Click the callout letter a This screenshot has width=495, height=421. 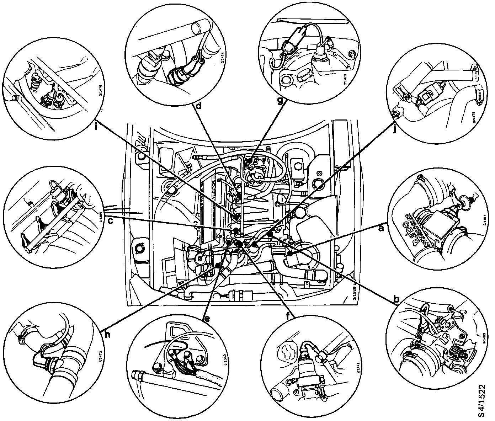[381, 228]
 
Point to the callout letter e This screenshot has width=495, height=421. [206, 318]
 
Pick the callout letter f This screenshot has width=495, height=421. [289, 315]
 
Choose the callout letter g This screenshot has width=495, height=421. [281, 101]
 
